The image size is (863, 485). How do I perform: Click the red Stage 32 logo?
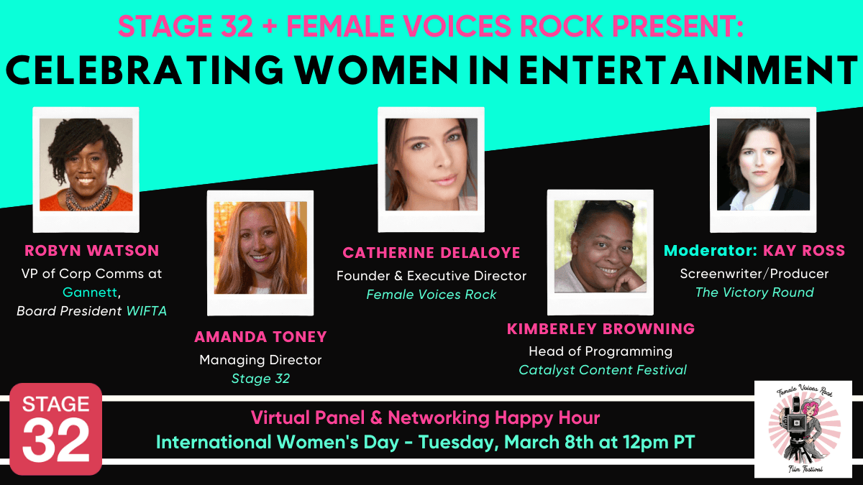coord(55,429)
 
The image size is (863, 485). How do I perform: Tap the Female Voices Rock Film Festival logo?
coord(803,429)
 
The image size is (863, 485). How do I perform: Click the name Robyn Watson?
coord(91,251)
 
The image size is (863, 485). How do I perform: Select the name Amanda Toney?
coord(260,337)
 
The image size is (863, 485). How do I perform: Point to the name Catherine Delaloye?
coord(431,253)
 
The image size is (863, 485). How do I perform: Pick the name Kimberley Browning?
coord(601,329)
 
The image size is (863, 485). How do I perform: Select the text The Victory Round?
coord(754,292)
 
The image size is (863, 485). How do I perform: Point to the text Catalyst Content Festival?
coord(603,370)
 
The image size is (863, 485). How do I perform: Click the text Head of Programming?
coord(601,351)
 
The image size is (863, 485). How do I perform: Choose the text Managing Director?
coord(260,359)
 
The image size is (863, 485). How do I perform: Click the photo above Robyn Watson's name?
coord(86,165)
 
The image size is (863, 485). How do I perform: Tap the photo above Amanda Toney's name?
coord(260,248)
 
